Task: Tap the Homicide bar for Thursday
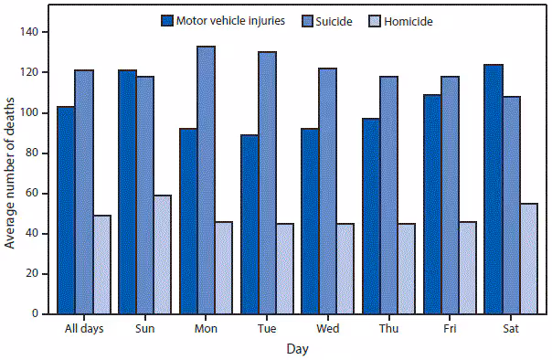[407, 269]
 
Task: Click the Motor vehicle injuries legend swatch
[167, 20]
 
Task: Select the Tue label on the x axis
[268, 328]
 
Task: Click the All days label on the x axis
[84, 328]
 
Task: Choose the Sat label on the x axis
[512, 328]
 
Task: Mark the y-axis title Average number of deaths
[11, 174]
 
